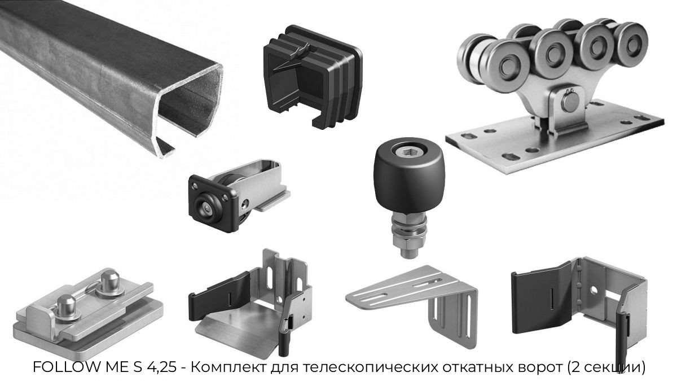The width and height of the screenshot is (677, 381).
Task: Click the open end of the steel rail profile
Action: pos(190,109)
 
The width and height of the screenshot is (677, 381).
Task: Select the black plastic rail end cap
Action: pos(313,77)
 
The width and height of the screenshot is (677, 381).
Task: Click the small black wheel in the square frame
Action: pos(206,208)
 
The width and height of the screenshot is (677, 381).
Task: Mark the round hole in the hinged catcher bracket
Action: pos(594,290)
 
